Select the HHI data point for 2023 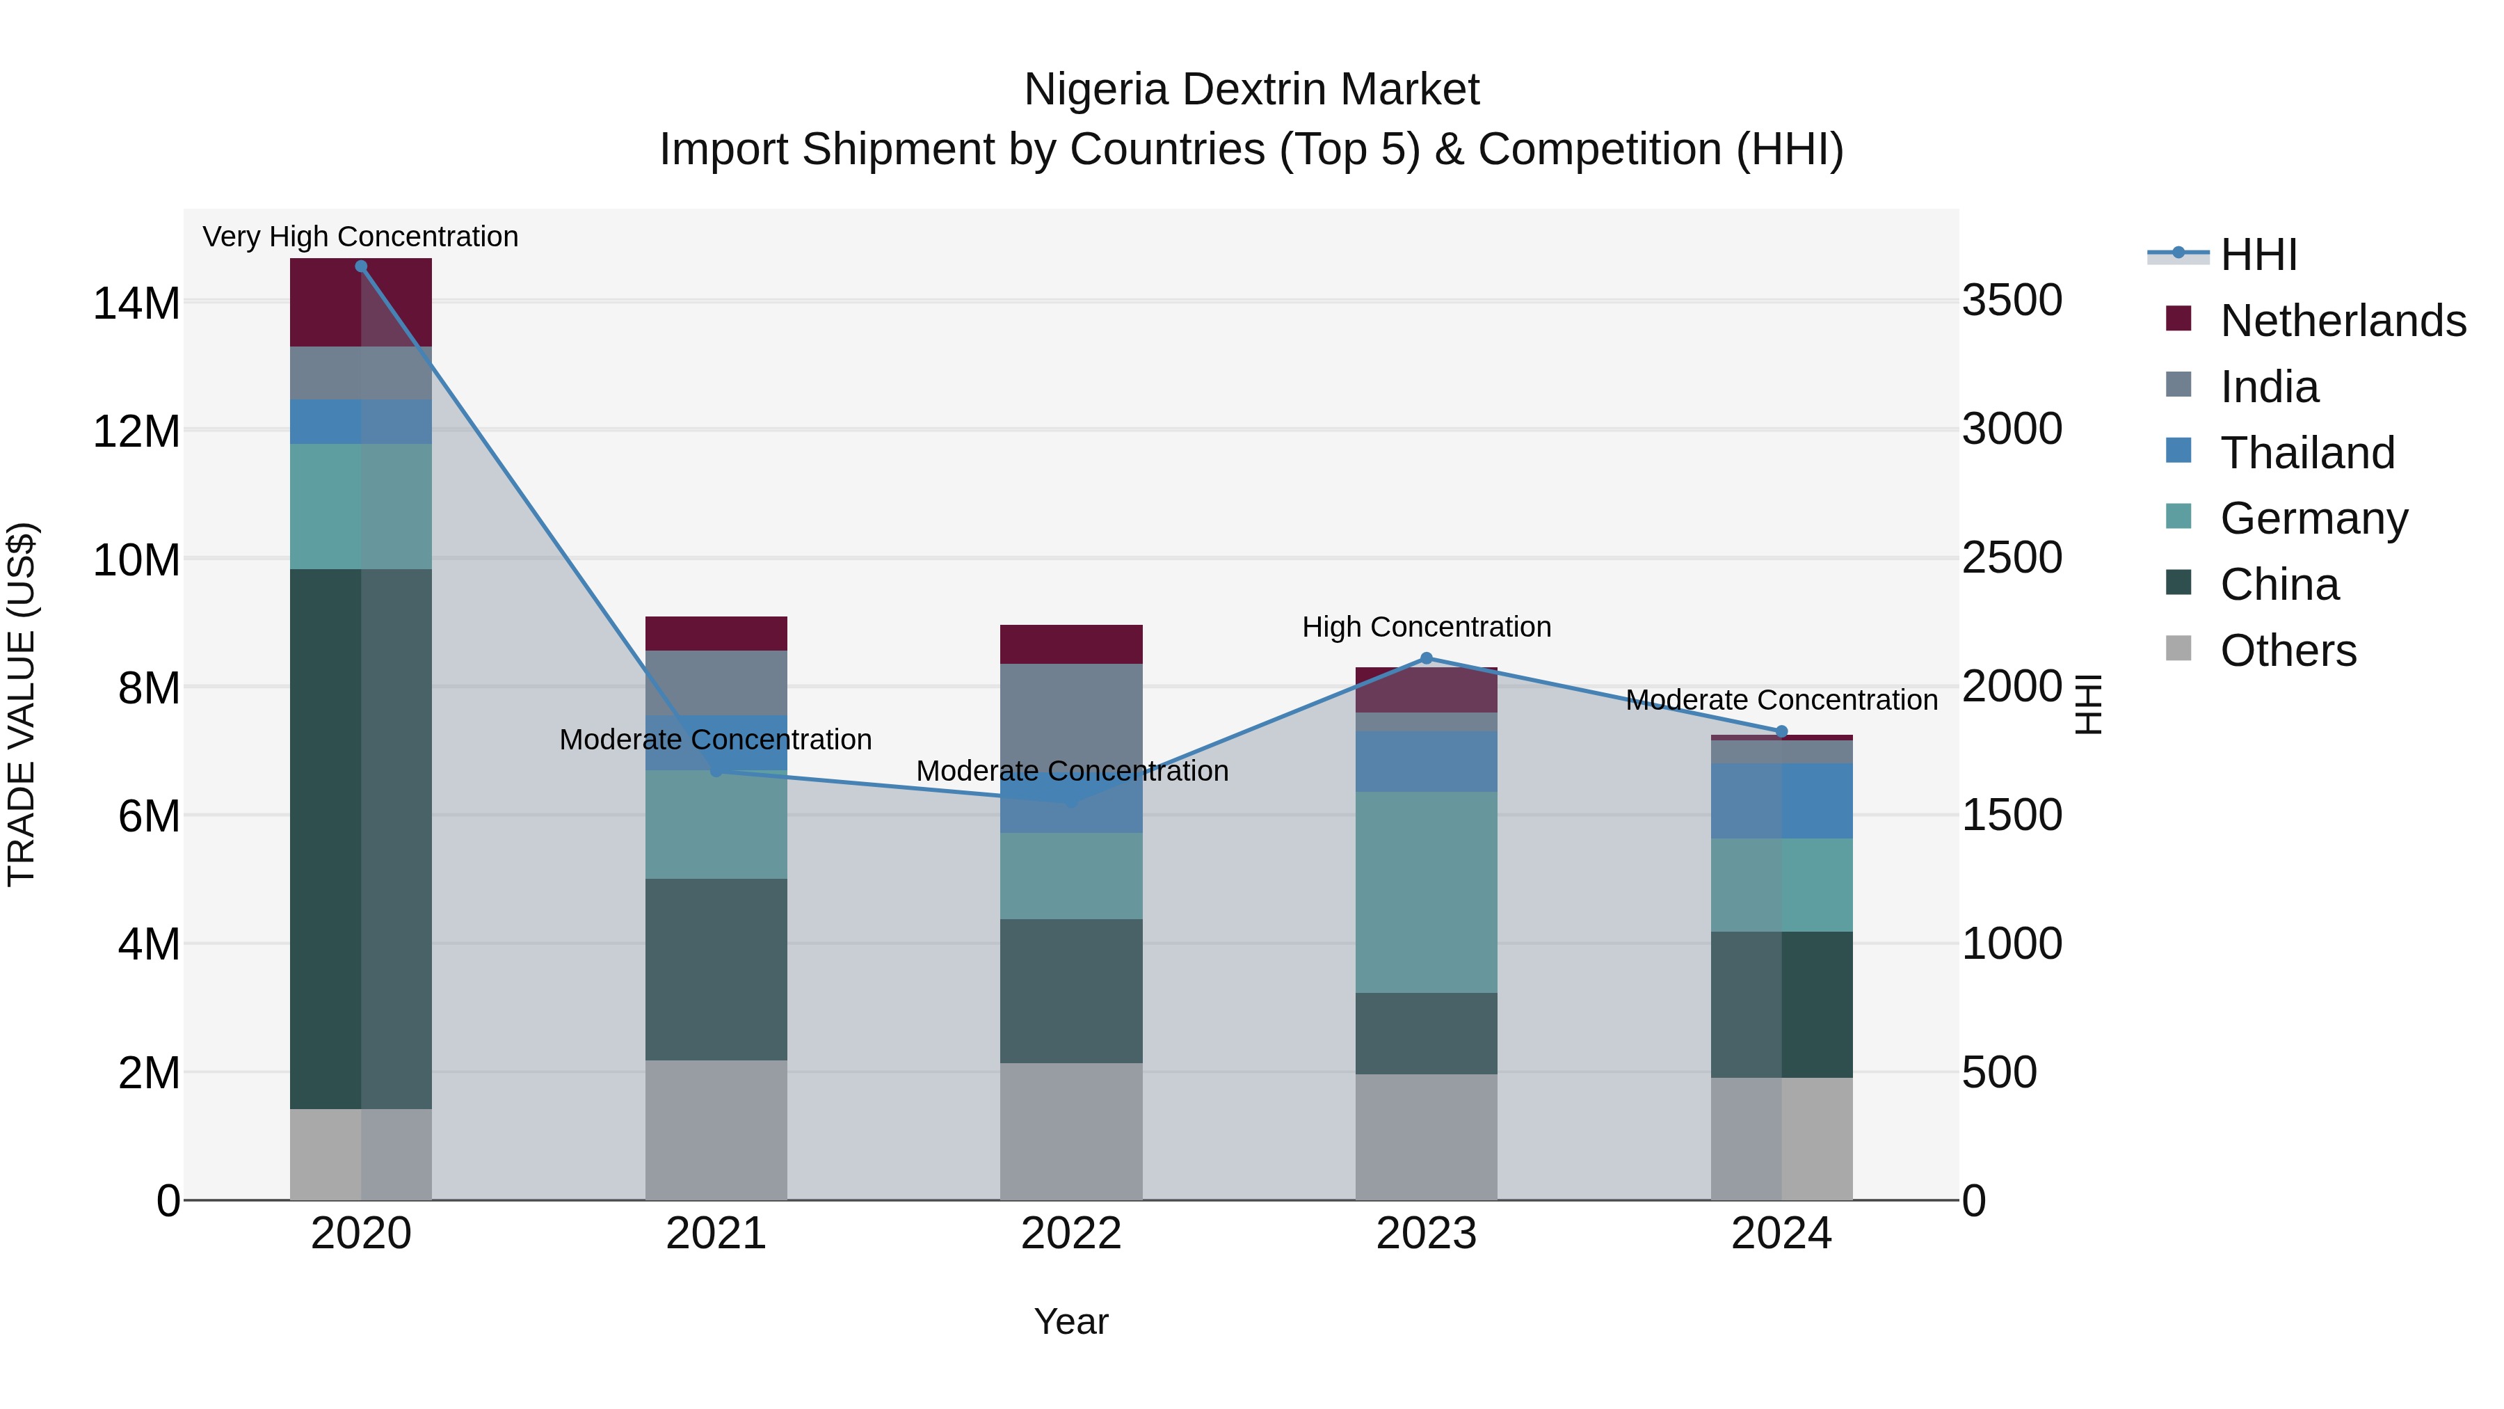(x=1426, y=658)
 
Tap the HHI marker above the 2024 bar (x=1781, y=732)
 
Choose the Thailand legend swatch (x=2178, y=451)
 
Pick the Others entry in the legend (x=2288, y=651)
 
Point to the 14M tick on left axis (x=136, y=303)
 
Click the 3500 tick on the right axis (x=2011, y=301)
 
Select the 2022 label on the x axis (x=1071, y=1234)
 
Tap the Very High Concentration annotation (x=360, y=237)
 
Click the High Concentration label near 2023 (x=1426, y=627)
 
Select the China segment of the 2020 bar (x=360, y=838)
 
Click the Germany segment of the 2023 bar (x=1426, y=892)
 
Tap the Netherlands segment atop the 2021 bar (x=716, y=633)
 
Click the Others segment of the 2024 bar (x=1781, y=1138)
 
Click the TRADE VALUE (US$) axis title (x=22, y=704)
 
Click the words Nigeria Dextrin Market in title (x=1251, y=90)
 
